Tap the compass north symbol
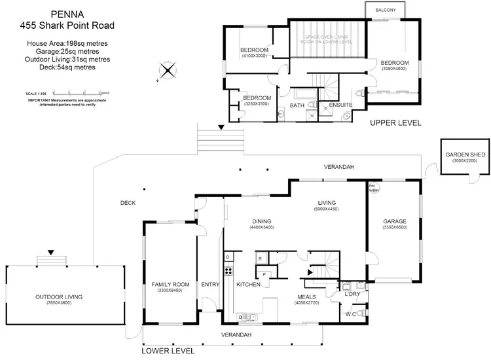click(168, 71)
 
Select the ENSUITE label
click(341, 104)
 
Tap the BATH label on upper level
click(297, 104)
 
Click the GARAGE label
click(395, 221)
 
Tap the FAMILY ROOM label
click(170, 284)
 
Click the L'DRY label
click(353, 294)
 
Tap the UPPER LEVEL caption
click(395, 122)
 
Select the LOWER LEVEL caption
click(168, 351)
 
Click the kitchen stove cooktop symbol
click(228, 270)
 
